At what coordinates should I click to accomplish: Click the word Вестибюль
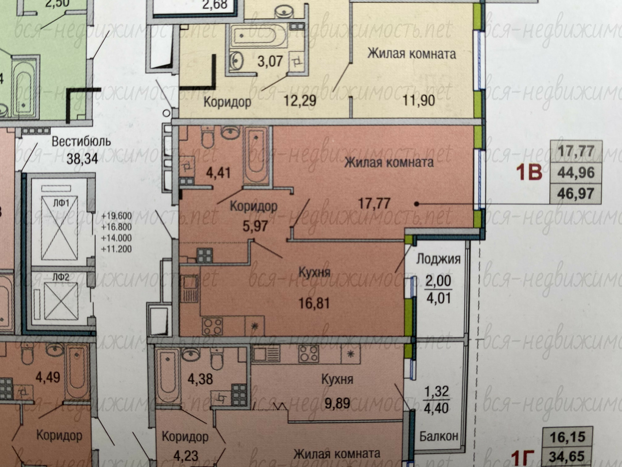click(x=81, y=141)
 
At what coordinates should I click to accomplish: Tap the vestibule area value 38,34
click(x=83, y=159)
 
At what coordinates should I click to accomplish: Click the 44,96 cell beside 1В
click(x=576, y=172)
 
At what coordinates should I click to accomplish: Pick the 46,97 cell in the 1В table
click(x=576, y=194)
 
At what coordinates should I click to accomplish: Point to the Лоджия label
click(x=438, y=259)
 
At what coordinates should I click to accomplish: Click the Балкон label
click(x=439, y=436)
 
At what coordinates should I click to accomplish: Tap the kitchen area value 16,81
click(x=314, y=304)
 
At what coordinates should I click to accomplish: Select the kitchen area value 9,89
click(x=338, y=403)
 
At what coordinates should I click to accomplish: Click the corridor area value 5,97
click(x=255, y=226)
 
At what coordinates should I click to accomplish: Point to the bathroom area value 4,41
click(x=218, y=173)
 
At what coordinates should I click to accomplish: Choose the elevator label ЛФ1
click(x=62, y=203)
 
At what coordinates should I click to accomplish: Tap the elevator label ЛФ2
click(x=61, y=277)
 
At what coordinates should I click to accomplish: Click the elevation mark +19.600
click(x=116, y=216)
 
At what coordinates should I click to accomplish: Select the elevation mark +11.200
click(x=116, y=249)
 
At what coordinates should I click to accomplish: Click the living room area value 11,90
click(x=419, y=101)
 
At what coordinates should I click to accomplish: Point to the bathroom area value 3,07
click(x=270, y=61)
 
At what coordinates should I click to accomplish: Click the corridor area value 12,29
click(x=300, y=101)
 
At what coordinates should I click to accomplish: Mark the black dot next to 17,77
click(x=416, y=204)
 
